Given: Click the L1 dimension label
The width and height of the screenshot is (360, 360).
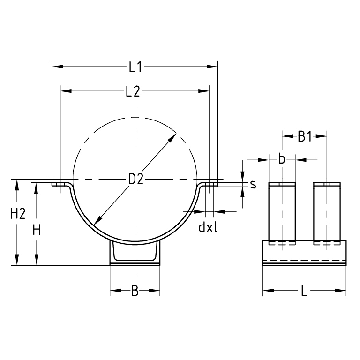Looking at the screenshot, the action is click(136, 67).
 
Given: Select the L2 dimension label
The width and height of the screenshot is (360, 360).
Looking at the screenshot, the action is click(133, 92).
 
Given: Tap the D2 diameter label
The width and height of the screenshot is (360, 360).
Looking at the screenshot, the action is click(136, 180).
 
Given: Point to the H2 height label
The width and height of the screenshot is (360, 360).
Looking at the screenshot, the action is click(18, 214).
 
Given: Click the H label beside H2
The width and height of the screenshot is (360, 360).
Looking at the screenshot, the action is click(37, 230).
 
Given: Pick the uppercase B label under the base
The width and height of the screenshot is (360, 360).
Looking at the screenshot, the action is click(134, 291).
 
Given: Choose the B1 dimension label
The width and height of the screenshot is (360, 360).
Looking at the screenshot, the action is click(305, 137).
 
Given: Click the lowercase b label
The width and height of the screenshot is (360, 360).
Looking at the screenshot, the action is click(282, 160).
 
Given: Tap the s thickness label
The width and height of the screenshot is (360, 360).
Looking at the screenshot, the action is click(253, 184).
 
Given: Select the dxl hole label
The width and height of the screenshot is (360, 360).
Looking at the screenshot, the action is click(208, 227).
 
